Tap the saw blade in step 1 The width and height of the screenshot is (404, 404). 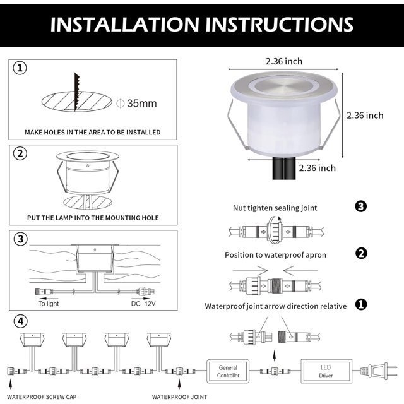click(77, 92)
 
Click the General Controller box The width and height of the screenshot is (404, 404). click(228, 371)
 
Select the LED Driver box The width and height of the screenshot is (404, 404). click(326, 371)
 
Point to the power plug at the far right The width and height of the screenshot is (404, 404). click(379, 372)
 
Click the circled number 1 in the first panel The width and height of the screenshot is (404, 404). click(20, 68)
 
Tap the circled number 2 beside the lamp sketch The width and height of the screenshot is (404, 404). click(20, 153)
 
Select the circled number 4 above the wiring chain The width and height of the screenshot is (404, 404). click(20, 321)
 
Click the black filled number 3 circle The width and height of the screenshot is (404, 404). click(360, 206)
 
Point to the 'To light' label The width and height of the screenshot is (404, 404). click(49, 304)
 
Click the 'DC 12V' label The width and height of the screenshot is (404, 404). click(143, 304)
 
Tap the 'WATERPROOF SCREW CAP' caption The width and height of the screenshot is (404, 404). click(42, 397)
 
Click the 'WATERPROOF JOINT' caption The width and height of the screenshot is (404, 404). click(179, 397)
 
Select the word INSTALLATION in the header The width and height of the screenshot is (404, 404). click(125, 25)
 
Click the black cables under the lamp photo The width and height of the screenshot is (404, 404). click(284, 168)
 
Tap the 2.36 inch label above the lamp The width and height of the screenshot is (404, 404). click(284, 61)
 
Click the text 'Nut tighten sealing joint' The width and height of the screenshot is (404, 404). click(275, 208)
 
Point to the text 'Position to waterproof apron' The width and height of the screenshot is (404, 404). click(275, 255)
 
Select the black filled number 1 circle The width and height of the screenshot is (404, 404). click(361, 304)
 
